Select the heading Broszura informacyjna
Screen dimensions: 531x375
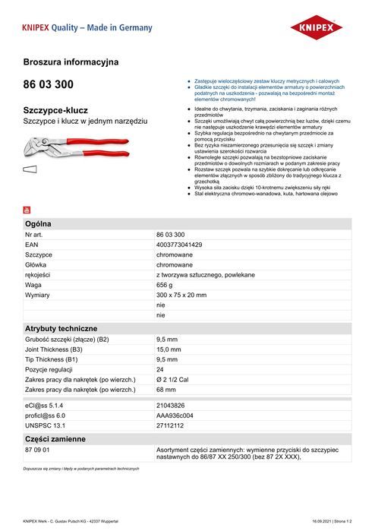pyautogui.click(x=71, y=61)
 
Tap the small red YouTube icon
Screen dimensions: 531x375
pyautogui.click(x=27, y=210)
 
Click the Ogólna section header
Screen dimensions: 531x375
pyautogui.click(x=39, y=225)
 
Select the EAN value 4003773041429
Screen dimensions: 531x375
pyautogui.click(x=179, y=245)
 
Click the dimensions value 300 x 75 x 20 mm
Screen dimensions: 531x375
pyautogui.click(x=181, y=294)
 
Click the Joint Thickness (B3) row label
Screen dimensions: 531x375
pyautogui.click(x=61, y=349)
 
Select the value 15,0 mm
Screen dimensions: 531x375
pyautogui.click(x=168, y=349)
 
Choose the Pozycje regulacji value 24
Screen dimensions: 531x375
pyautogui.click(x=160, y=368)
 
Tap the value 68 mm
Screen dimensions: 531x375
pyautogui.click(x=166, y=389)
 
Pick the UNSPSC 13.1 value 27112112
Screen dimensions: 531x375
pyautogui.click(x=172, y=425)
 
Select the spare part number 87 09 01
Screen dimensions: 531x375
pyautogui.click(x=37, y=450)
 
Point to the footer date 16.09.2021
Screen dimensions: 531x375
pyautogui.click(x=323, y=521)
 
